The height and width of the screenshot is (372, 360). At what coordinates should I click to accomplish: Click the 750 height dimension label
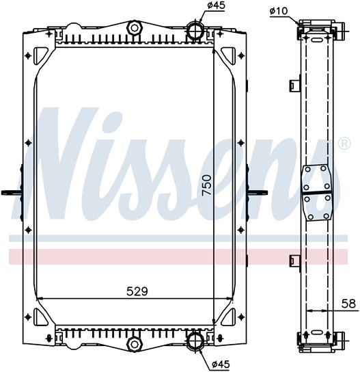[x=207, y=185]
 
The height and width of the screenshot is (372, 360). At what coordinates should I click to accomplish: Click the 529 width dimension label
[x=137, y=291]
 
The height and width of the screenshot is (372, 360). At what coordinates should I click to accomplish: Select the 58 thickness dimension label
[x=348, y=304]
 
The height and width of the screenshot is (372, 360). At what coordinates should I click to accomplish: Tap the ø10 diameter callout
[x=279, y=11]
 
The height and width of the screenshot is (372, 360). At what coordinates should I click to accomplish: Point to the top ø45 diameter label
[x=216, y=5]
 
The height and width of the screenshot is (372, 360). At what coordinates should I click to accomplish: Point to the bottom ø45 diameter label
[x=221, y=364]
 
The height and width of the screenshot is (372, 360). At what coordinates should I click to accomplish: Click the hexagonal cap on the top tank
[x=135, y=28]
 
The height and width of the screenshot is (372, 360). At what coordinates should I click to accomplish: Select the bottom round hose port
[x=195, y=341]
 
